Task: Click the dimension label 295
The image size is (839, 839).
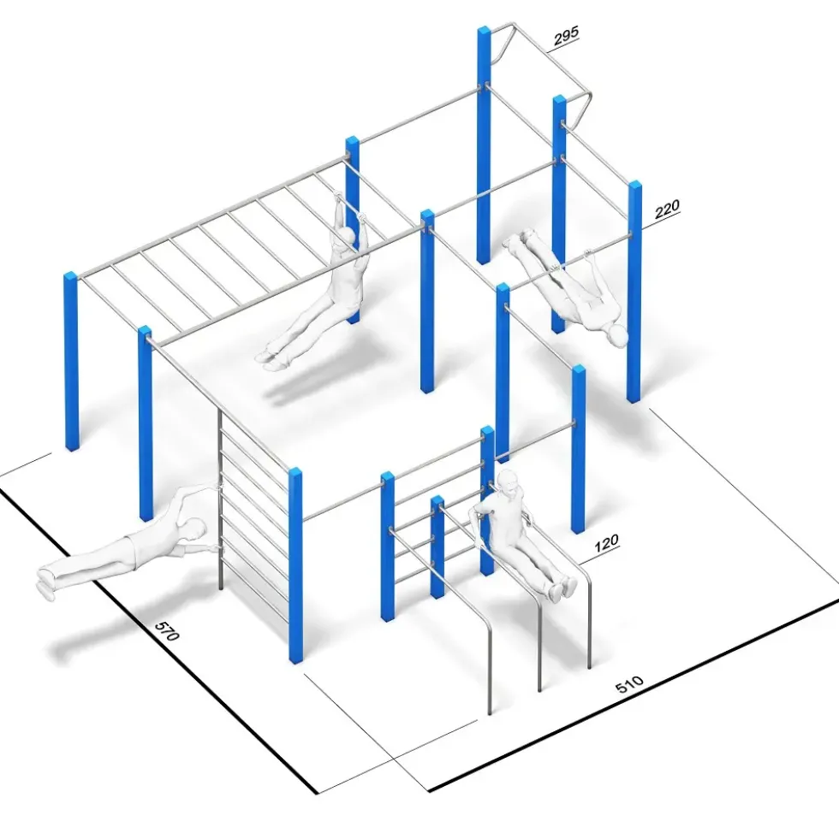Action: click(566, 36)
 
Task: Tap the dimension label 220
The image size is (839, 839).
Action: click(666, 208)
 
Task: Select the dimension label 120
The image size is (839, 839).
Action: click(606, 542)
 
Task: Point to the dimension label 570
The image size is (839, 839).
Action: click(167, 631)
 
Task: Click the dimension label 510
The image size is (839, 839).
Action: click(629, 684)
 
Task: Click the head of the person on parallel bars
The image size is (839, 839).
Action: click(508, 482)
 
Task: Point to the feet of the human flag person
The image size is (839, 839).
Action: click(45, 582)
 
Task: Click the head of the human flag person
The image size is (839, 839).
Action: click(194, 529)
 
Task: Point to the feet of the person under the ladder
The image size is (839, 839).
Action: click(271, 358)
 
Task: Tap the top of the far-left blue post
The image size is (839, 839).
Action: click(71, 276)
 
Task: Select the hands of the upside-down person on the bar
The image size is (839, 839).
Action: click(573, 258)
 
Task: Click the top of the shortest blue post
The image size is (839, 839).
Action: click(437, 501)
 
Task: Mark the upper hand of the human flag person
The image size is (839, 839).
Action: click(217, 486)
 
